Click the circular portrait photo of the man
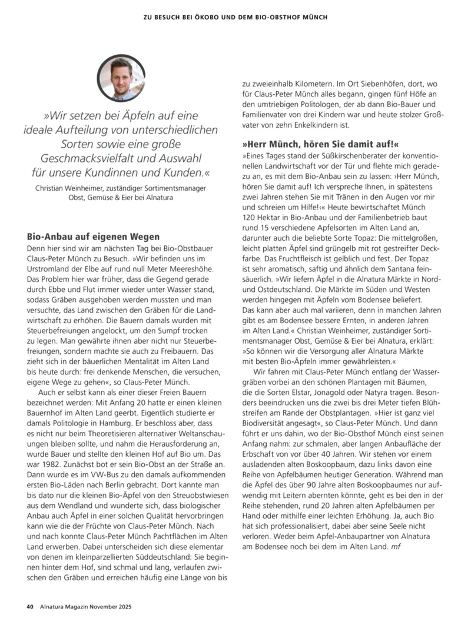(x=121, y=78)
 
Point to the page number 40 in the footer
(x=29, y=606)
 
